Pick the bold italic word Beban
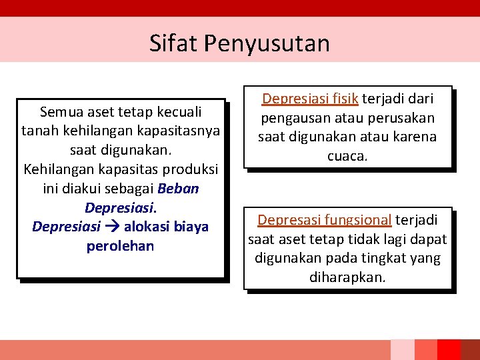click(179, 188)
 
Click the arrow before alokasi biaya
click(112, 227)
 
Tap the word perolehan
click(120, 246)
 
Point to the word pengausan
click(291, 118)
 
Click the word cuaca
click(347, 156)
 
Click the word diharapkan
click(347, 277)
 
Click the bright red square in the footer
click(449, 350)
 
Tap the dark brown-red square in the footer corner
click(471, 350)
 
